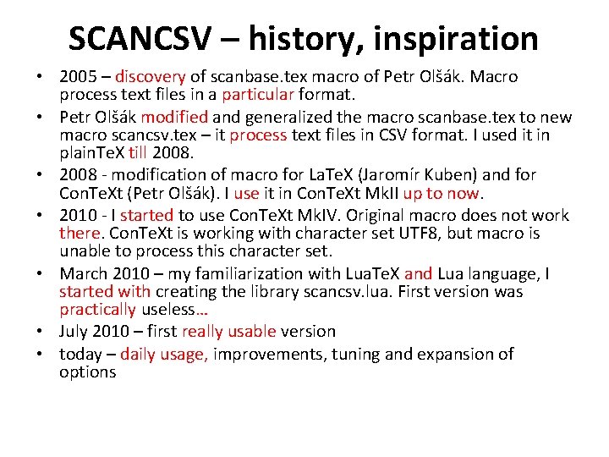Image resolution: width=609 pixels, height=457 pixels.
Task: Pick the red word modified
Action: pyautogui.click(x=174, y=118)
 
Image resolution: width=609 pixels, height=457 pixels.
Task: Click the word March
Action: pyautogui.click(x=83, y=274)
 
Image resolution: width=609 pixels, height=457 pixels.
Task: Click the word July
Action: pyautogui.click(x=75, y=332)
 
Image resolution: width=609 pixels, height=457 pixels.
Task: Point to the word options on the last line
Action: pyautogui.click(x=87, y=372)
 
